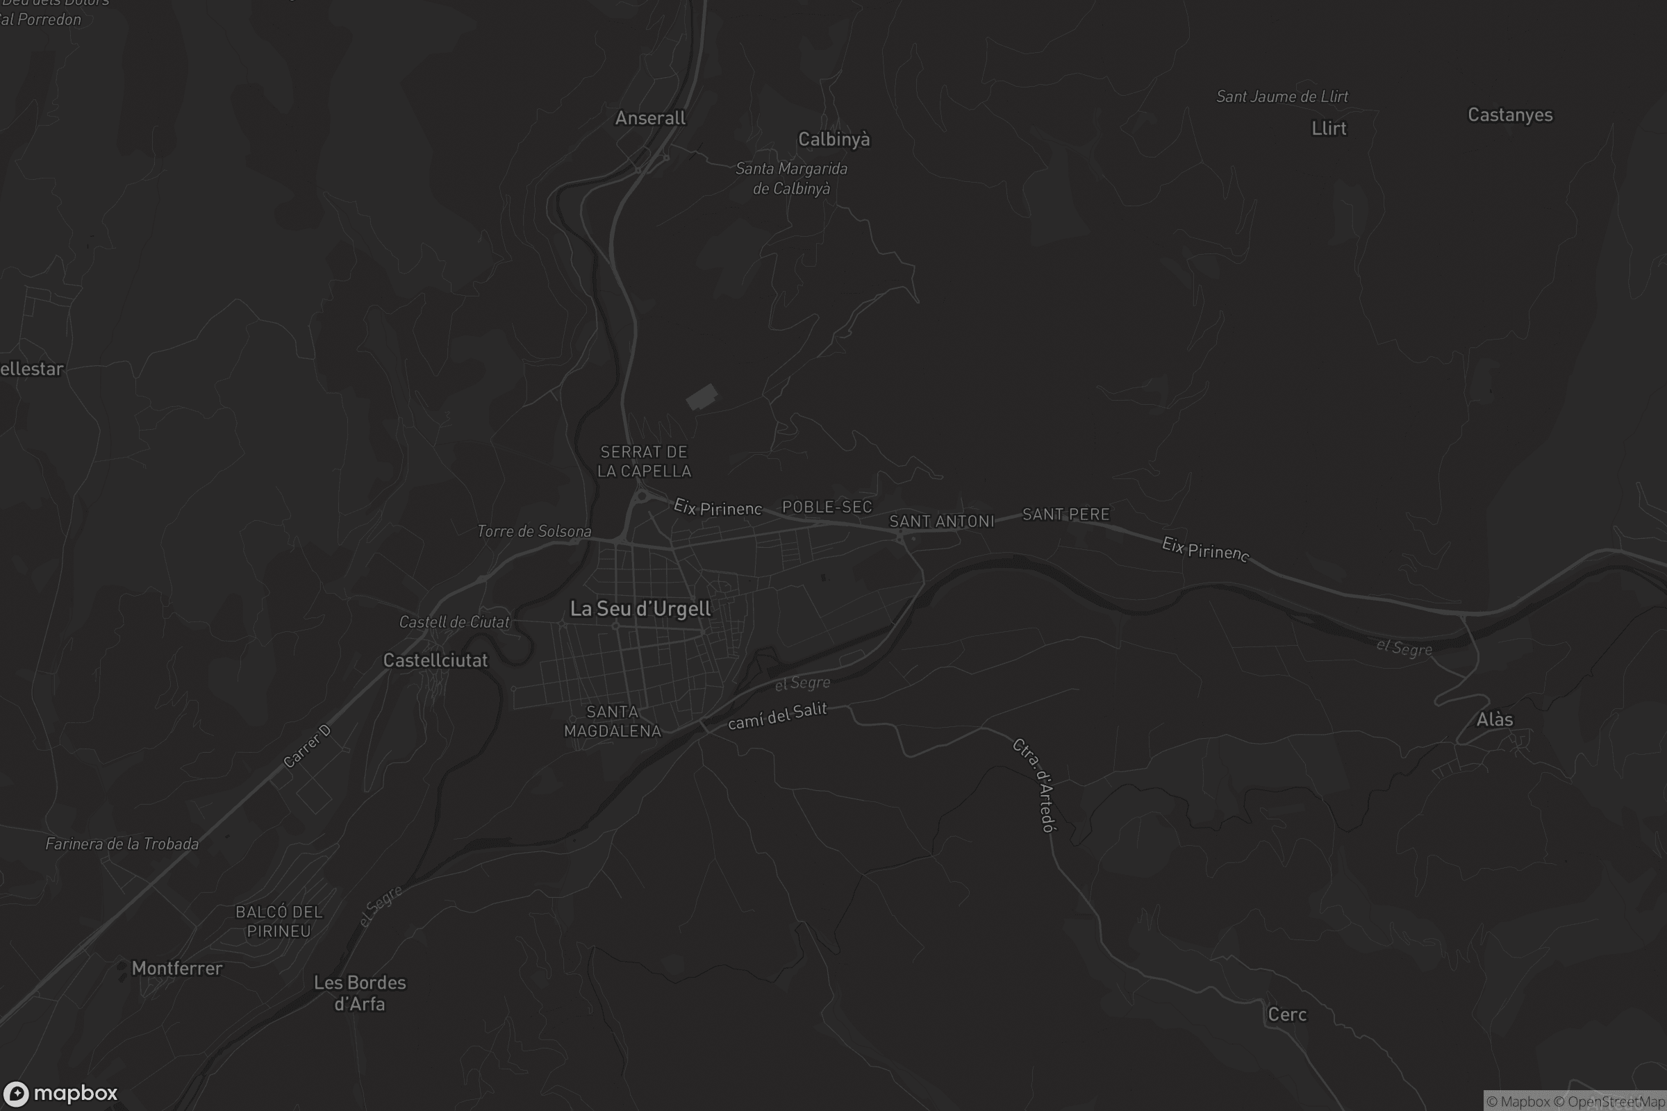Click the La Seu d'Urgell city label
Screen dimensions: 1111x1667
coord(640,609)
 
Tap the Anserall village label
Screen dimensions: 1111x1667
coord(650,118)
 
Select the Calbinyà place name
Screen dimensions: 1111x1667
coord(833,140)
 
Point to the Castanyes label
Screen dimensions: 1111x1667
coord(1509,115)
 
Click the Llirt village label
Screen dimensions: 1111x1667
coord(1328,128)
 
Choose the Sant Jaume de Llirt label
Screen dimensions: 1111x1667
coord(1282,97)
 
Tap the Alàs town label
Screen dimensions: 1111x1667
coord(1494,720)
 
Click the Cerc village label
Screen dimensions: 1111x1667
coord(1286,1014)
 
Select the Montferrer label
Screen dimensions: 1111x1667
coord(176,969)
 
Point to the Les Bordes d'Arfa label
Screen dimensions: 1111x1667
coord(359,993)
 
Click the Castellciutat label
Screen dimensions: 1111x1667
coord(436,660)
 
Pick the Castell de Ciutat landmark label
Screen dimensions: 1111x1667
coord(454,622)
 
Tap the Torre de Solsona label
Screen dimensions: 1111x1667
coord(533,531)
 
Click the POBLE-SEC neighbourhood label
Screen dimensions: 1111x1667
coord(827,507)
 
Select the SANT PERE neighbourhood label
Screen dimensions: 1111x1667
coord(1065,515)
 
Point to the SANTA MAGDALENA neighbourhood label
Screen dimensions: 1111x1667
coord(613,721)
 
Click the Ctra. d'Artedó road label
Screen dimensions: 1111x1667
coord(1034,785)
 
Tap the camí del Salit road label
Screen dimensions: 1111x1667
coord(777,716)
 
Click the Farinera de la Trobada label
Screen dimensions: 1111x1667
coord(122,844)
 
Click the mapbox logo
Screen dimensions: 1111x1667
coord(60,1093)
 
